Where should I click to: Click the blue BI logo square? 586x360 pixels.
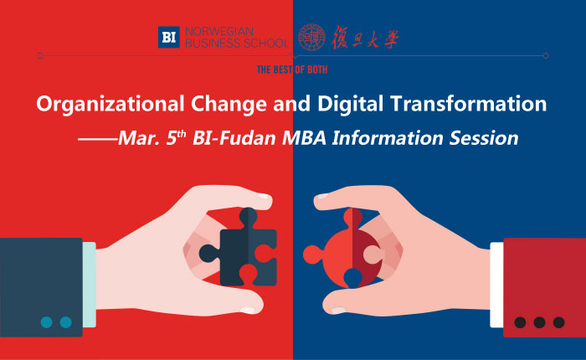168,37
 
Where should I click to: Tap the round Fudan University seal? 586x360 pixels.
311,37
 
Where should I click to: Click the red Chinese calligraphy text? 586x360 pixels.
365,38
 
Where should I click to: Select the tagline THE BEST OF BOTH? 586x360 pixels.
292,69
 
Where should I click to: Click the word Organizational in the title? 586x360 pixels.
111,104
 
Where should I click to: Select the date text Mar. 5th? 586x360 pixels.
152,137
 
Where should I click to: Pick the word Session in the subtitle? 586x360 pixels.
484,137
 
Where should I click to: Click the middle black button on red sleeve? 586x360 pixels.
539,322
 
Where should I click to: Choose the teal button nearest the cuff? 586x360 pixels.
66,322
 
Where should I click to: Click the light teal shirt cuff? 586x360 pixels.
90,285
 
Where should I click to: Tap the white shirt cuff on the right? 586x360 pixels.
496,285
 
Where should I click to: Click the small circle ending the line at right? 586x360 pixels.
546,56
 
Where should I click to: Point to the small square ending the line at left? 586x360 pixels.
40,56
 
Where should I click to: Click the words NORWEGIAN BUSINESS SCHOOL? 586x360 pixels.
236,37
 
